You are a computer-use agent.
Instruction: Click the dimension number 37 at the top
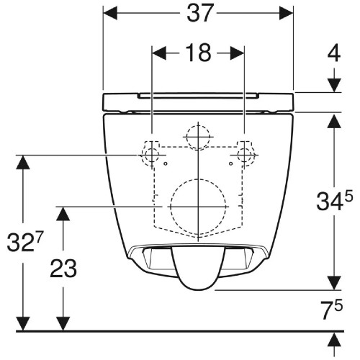click(x=198, y=12)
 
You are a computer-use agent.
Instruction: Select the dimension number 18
click(x=198, y=53)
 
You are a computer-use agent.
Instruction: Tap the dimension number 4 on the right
click(x=334, y=54)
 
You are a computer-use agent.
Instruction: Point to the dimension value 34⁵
click(x=333, y=202)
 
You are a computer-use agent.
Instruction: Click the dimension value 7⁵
click(x=333, y=310)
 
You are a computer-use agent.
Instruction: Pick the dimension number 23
click(x=63, y=268)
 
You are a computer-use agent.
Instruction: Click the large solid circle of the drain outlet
click(x=198, y=207)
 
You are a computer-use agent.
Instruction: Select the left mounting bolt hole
click(x=151, y=156)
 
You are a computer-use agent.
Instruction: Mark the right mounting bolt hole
click(x=244, y=156)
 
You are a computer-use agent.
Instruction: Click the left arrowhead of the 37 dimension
click(x=110, y=13)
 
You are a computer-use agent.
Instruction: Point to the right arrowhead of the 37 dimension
click(x=287, y=13)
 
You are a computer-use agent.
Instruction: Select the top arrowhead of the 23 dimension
click(x=63, y=214)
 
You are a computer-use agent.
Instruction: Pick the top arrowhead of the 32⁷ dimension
click(x=24, y=163)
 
